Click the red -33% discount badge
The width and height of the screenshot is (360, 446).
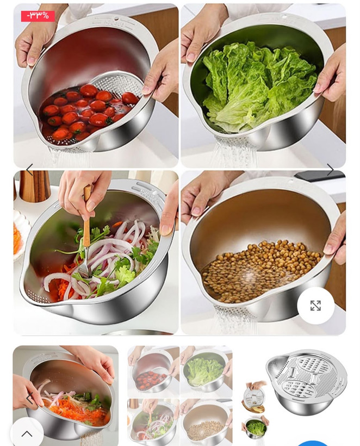point(38,16)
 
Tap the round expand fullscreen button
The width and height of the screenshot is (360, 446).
point(315,306)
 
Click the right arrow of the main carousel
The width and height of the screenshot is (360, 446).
point(331,170)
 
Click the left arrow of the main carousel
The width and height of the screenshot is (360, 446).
point(29,170)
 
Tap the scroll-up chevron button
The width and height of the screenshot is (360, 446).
point(27,433)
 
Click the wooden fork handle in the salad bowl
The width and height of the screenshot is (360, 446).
point(86,215)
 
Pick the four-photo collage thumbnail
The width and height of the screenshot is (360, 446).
point(179,395)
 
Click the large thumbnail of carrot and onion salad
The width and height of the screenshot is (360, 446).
point(65,395)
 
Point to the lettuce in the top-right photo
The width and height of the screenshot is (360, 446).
point(259,85)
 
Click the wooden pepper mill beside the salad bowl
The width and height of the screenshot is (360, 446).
point(35,187)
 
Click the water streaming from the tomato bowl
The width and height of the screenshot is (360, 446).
point(68,157)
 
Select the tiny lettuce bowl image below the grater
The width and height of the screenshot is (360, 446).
point(255,429)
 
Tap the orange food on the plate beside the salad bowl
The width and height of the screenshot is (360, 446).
point(17,238)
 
